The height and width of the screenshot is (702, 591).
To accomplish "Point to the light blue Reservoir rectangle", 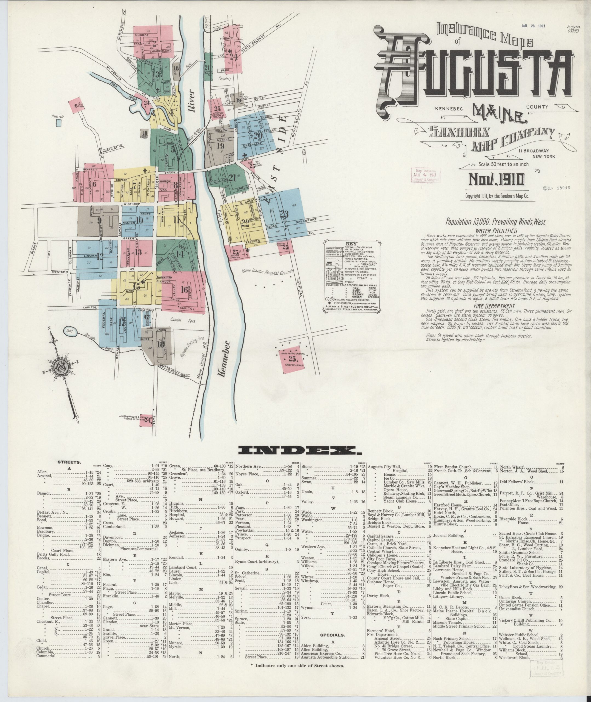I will point(59,122).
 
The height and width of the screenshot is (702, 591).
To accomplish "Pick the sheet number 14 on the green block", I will point(180,254).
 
